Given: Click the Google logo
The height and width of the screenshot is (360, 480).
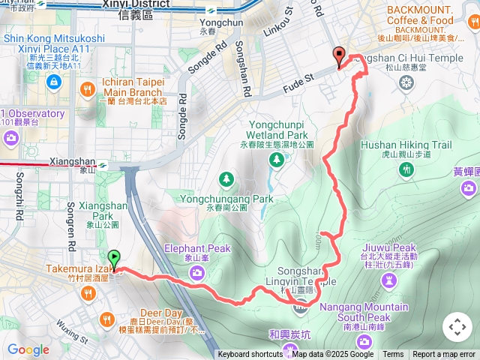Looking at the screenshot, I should [x=28, y=349].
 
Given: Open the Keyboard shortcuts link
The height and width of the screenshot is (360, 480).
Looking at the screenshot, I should [x=250, y=355].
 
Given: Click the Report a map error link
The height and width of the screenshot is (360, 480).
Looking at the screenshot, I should [x=444, y=355].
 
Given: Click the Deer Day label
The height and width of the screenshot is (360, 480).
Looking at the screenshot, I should [x=161, y=313].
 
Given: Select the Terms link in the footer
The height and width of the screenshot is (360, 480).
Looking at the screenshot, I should [x=393, y=355].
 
